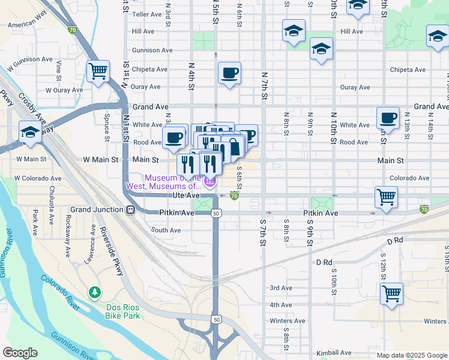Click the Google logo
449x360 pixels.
(20, 353)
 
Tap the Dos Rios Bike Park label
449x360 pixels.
(122, 311)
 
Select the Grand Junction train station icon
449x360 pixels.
(130, 210)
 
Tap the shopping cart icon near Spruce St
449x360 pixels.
(98, 71)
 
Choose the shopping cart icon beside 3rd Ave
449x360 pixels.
(391, 293)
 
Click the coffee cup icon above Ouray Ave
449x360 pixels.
(229, 73)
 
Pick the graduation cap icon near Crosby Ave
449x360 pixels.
(30, 133)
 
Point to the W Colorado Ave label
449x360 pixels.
(37, 178)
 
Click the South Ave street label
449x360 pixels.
(166, 230)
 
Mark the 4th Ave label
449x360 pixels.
(280, 305)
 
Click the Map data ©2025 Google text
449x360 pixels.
(411, 355)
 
